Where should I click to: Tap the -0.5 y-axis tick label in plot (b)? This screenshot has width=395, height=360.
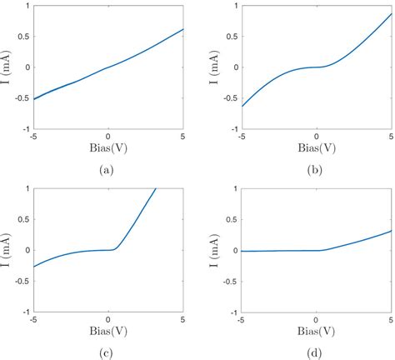[x=229, y=98]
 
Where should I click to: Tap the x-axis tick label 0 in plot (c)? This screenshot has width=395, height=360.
[x=107, y=319]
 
